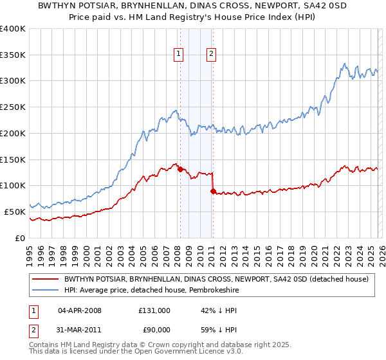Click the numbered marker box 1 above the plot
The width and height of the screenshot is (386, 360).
click(x=178, y=55)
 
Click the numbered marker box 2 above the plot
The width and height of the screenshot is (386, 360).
click(x=211, y=55)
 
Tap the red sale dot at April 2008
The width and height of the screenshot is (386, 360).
click(x=180, y=169)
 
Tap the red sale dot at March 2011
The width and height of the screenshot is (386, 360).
click(x=213, y=191)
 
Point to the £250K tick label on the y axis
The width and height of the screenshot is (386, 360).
click(x=13, y=107)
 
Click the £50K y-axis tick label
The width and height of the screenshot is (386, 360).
click(x=15, y=212)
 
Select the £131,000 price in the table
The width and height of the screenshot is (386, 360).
click(x=154, y=310)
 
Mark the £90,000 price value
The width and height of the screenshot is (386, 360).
click(x=154, y=332)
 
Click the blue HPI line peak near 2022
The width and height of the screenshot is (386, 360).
click(x=345, y=64)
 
